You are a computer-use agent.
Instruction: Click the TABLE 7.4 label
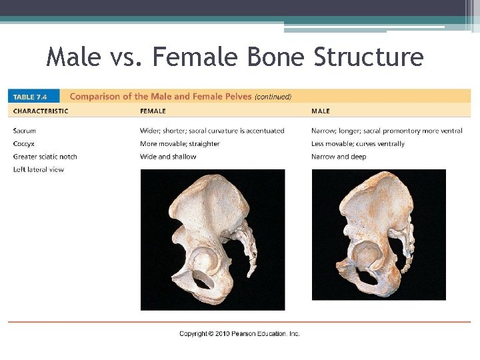[x=33, y=96]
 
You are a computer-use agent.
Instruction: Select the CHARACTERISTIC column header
[x=41, y=111]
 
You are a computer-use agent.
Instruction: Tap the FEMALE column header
[x=153, y=111]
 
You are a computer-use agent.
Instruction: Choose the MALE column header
[x=320, y=111]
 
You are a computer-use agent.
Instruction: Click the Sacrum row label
[x=25, y=131]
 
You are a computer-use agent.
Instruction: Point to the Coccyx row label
[x=25, y=144]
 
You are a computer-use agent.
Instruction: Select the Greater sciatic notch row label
[x=45, y=157]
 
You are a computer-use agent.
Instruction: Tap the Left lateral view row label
[x=39, y=169]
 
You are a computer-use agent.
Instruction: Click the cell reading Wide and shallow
[x=168, y=157]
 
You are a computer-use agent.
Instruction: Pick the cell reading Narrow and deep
[x=339, y=157]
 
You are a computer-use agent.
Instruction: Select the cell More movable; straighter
[x=179, y=144]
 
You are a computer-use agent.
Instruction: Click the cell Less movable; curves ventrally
[x=358, y=144]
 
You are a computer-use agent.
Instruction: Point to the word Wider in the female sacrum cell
[x=149, y=131]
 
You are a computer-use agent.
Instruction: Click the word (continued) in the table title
[x=273, y=97]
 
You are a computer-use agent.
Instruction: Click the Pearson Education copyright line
[x=239, y=333]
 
